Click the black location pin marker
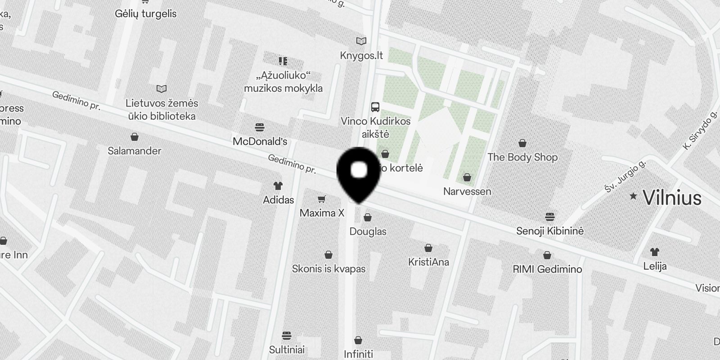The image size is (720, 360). pyautogui.click(x=359, y=173)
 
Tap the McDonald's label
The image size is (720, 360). pyautogui.click(x=260, y=141)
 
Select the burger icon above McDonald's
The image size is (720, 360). pyautogui.click(x=260, y=127)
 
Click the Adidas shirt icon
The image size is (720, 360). pyautogui.click(x=278, y=185)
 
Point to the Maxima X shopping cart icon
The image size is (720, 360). pyautogui.click(x=321, y=199)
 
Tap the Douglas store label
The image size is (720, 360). pyautogui.click(x=368, y=231)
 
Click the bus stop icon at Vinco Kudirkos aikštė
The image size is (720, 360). pyautogui.click(x=375, y=107)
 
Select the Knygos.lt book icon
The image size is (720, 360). pyautogui.click(x=361, y=41)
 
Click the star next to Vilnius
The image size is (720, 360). pyautogui.click(x=633, y=196)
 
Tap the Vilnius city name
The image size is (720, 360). pyautogui.click(x=672, y=198)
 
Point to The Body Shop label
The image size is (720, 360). pyautogui.click(x=522, y=157)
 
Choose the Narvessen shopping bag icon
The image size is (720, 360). pyautogui.click(x=467, y=177)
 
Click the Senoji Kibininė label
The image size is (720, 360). pyautogui.click(x=549, y=231)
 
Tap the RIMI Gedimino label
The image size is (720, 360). pyautogui.click(x=547, y=269)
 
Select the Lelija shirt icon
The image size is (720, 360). pyautogui.click(x=654, y=252)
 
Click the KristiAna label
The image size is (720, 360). pyautogui.click(x=428, y=262)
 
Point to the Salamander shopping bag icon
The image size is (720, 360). pyautogui.click(x=134, y=137)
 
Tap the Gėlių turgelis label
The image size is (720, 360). pyautogui.click(x=145, y=13)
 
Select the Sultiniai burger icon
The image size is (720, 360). pyautogui.click(x=287, y=336)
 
